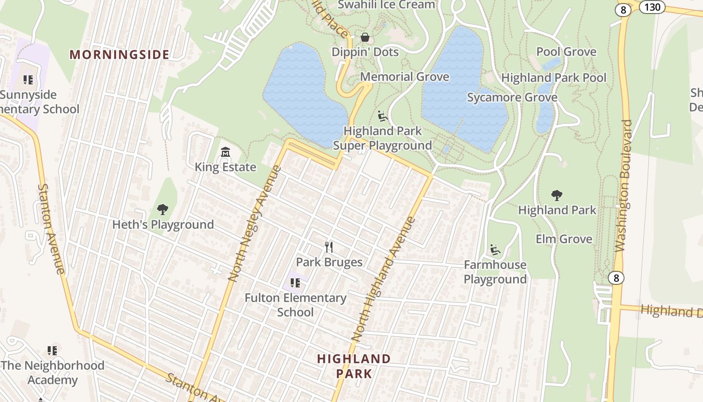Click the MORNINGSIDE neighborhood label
(119, 55)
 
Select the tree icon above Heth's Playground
(162, 210)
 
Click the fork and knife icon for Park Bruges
(329, 247)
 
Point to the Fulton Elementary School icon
(295, 283)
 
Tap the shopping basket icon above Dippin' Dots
(365, 37)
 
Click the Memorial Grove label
(405, 77)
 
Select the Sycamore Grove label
(512, 97)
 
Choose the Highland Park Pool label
(554, 78)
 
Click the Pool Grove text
(566, 52)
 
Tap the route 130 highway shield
(652, 7)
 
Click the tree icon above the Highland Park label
(556, 195)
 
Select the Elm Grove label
(564, 239)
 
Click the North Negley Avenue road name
(254, 223)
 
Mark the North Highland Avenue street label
(384, 279)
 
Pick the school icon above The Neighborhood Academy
(52, 350)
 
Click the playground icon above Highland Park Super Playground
(383, 117)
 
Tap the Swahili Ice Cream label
(386, 5)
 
